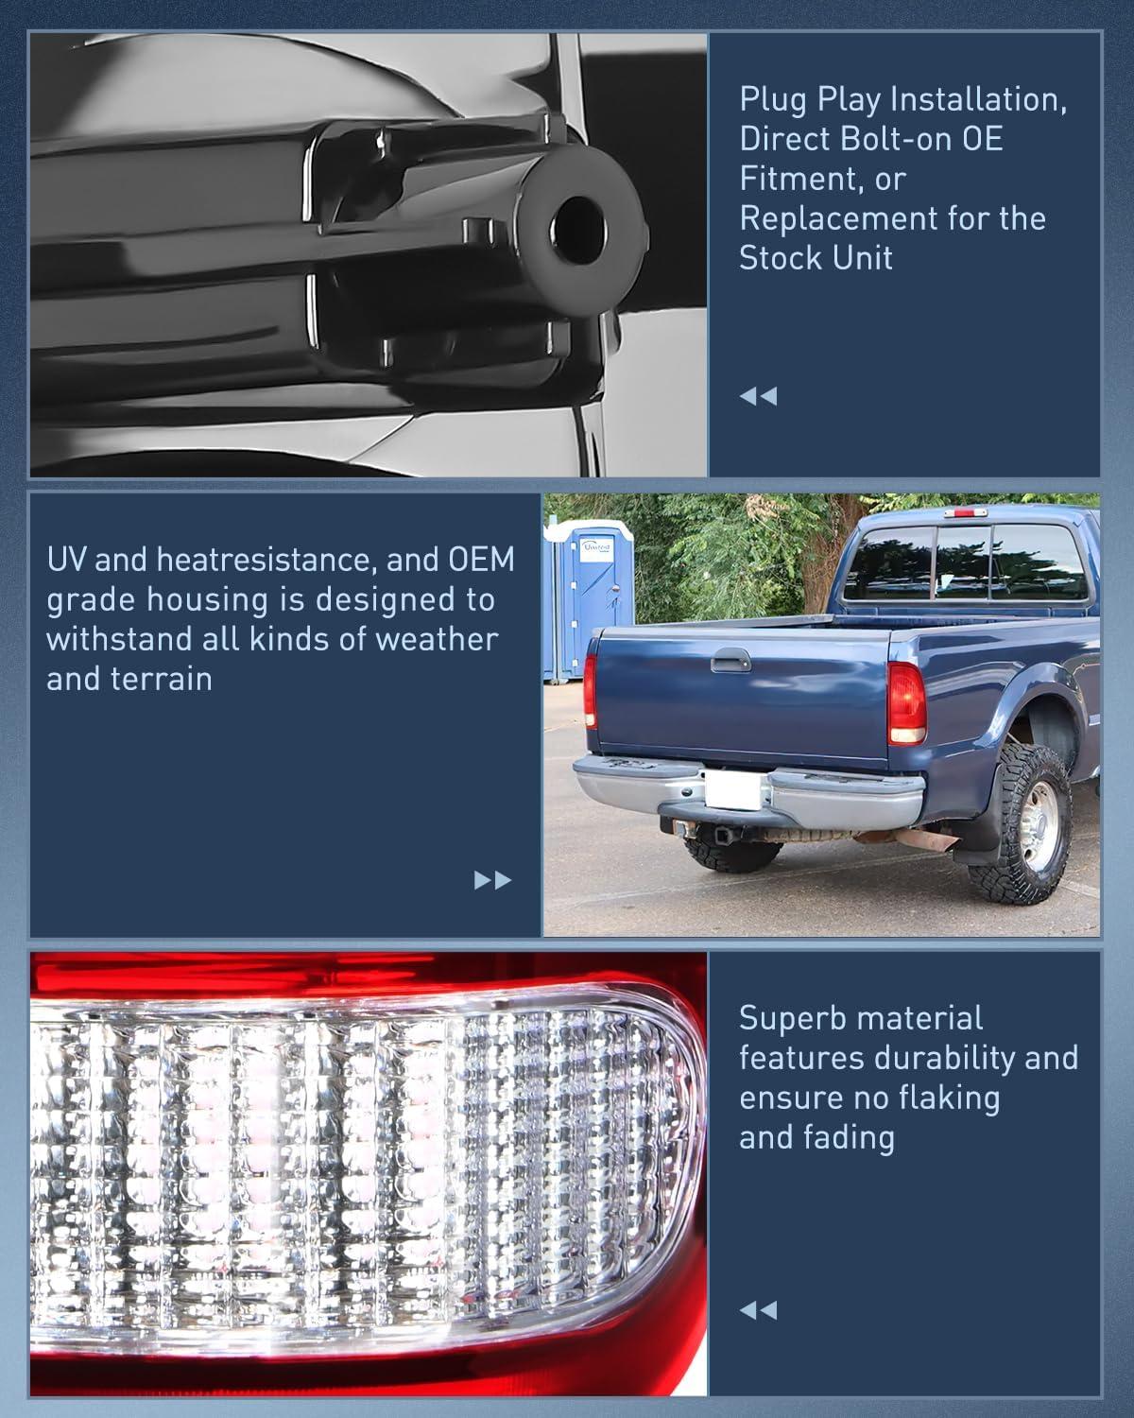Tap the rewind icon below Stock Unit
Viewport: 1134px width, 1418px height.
tap(758, 396)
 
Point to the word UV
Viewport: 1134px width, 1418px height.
tap(67, 560)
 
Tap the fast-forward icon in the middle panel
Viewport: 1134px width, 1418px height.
tap(492, 880)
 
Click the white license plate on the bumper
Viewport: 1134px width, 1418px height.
tap(730, 788)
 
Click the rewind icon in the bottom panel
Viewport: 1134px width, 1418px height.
tap(758, 1310)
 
